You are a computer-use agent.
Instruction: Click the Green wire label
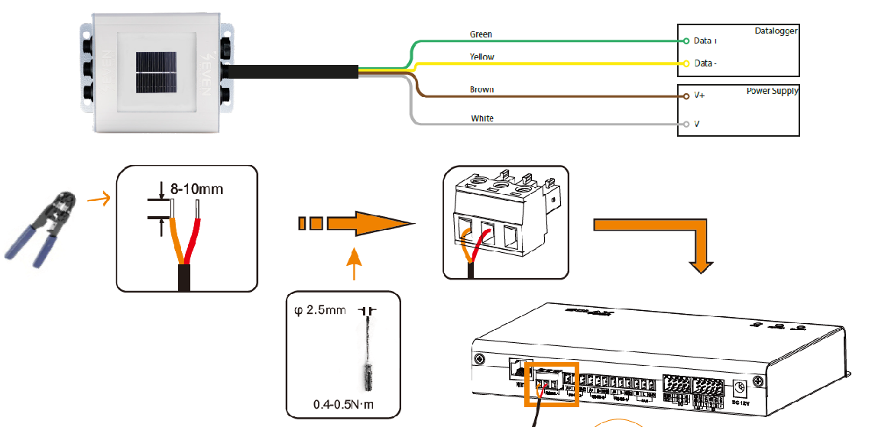(x=481, y=34)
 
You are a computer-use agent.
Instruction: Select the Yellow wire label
(x=481, y=57)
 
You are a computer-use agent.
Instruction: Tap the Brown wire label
(x=481, y=89)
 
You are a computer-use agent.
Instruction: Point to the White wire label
(x=482, y=118)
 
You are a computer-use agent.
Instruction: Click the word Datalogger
(x=776, y=31)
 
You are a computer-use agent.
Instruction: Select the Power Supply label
(x=772, y=91)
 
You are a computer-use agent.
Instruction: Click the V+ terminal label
(x=700, y=97)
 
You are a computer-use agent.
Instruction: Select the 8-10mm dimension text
(x=197, y=189)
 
